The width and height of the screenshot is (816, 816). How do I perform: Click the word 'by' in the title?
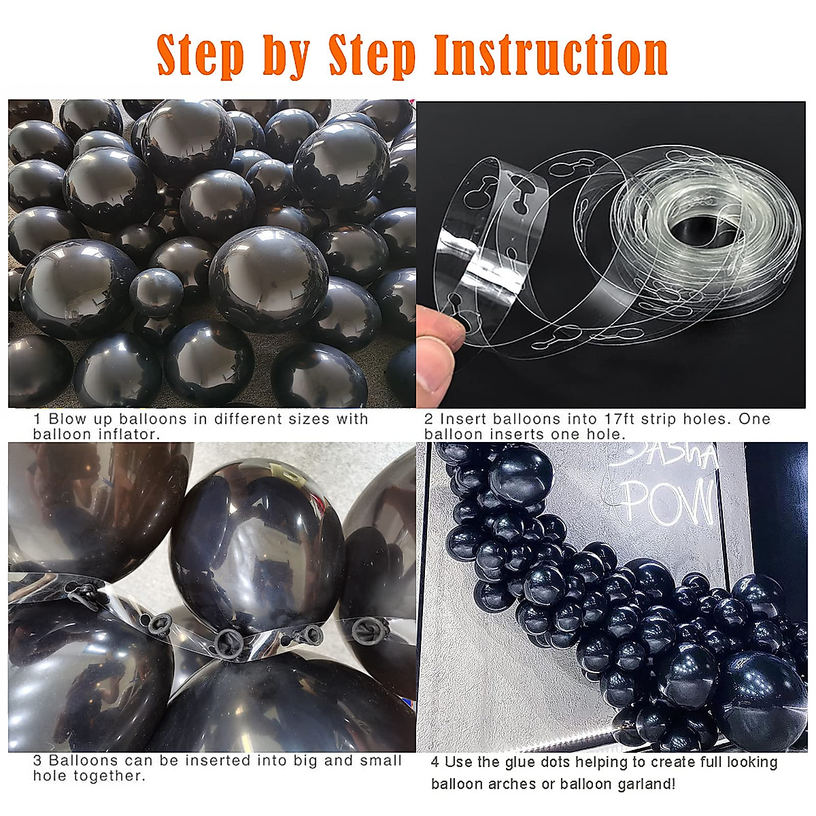pyautogui.click(x=286, y=56)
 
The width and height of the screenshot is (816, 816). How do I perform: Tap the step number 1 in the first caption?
pyautogui.click(x=38, y=420)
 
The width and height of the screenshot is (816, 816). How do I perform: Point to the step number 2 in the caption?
pyautogui.click(x=428, y=420)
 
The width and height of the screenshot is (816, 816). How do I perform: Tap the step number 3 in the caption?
pyautogui.click(x=38, y=761)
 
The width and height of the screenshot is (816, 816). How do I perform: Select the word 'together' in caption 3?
pyautogui.click(x=108, y=776)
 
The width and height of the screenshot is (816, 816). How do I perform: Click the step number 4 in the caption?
pyautogui.click(x=435, y=762)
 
